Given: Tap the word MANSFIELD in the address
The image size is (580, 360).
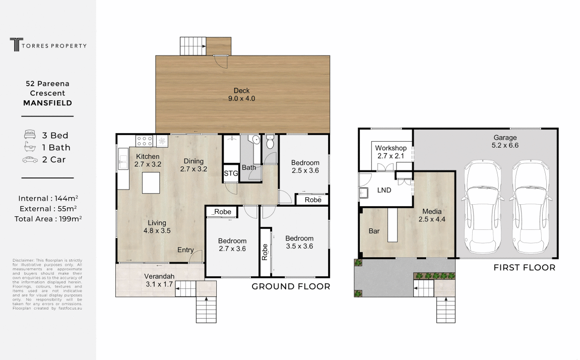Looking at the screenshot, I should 48,103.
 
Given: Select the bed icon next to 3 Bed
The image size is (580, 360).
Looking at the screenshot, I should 30,135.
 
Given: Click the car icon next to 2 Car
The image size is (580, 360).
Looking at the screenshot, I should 30,160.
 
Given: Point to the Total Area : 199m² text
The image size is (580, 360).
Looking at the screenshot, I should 48,219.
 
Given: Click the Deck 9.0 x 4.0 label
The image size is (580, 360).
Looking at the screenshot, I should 242,95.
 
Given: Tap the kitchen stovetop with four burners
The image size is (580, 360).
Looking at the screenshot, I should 145,141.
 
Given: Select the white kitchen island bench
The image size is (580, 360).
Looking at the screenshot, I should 151,183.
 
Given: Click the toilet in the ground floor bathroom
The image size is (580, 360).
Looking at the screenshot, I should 270,143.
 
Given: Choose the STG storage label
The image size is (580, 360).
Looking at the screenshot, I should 231,174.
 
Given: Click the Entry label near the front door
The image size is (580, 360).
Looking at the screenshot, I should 185,250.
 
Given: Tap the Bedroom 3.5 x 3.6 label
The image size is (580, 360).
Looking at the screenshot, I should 299,243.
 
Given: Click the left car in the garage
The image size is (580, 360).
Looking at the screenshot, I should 483,207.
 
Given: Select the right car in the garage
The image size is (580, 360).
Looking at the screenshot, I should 530,207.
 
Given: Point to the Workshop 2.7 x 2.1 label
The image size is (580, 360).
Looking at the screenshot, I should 391,152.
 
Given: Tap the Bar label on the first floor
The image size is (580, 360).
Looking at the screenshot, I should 374,231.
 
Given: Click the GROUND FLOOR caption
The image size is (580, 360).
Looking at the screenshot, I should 291,286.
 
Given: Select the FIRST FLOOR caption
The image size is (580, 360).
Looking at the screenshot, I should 524,268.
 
